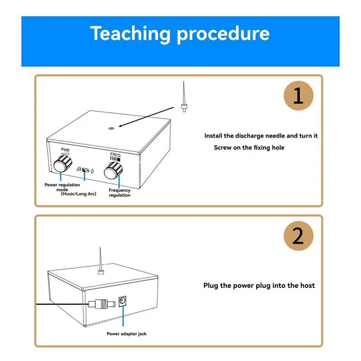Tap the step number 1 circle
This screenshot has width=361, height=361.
298,95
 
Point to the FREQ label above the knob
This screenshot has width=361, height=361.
116,154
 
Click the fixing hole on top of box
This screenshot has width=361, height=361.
111,128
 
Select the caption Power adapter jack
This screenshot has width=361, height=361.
126,334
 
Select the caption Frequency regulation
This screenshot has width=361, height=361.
120,193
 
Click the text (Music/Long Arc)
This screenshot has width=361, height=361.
76,193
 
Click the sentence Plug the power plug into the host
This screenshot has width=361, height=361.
259,285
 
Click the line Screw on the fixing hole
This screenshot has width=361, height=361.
249,148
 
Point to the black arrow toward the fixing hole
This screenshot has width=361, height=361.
144,118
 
